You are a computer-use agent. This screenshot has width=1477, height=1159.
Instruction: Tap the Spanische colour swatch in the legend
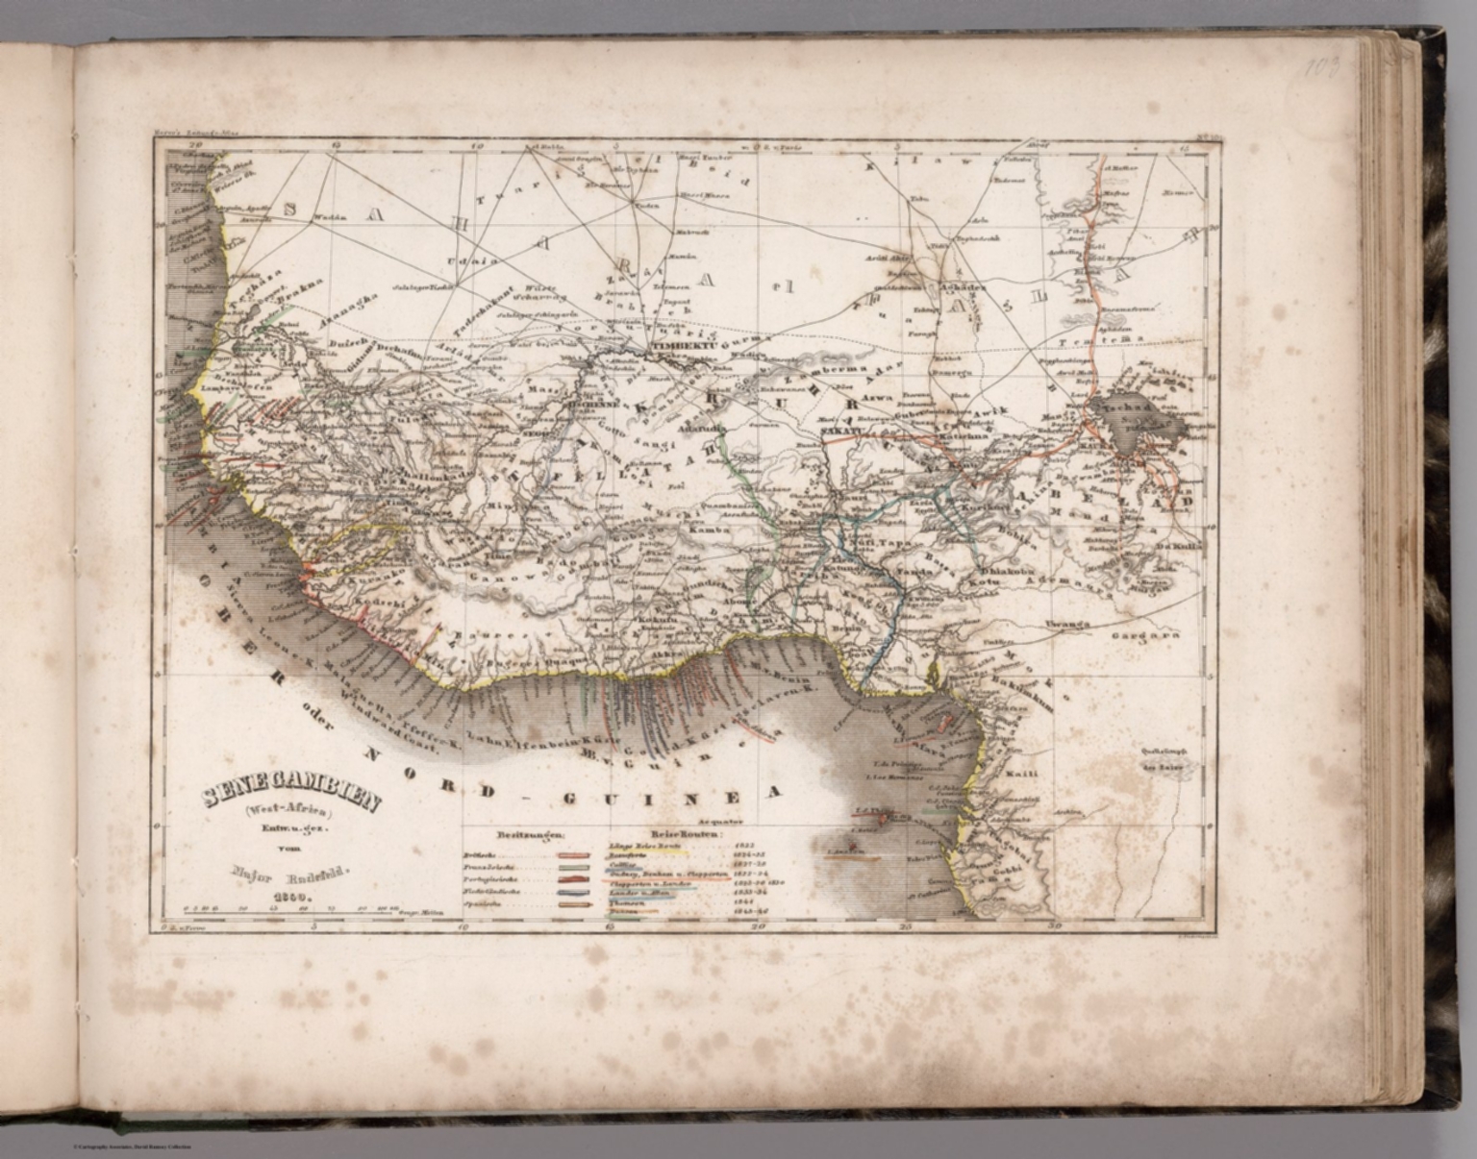[574, 905]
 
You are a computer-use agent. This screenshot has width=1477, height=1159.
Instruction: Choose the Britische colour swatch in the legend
[574, 853]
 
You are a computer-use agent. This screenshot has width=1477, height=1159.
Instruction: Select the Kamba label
[710, 530]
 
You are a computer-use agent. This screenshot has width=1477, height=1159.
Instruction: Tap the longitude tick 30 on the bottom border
[1055, 927]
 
